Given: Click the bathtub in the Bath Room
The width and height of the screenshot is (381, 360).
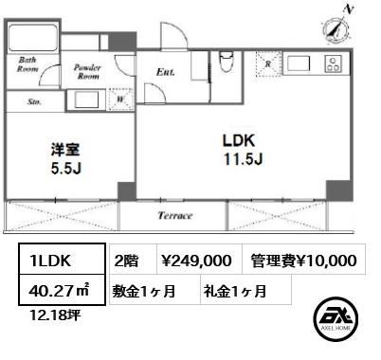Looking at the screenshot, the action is (x=33, y=38).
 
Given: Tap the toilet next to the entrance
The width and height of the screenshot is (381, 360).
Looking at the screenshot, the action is (x=226, y=62).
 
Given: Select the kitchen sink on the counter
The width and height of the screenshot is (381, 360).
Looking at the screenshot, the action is (x=298, y=63).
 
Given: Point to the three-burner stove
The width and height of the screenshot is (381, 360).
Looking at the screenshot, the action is (x=333, y=63).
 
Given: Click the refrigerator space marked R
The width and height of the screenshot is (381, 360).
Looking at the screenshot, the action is (x=268, y=64).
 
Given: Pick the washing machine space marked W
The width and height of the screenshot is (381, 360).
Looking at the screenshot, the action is (x=121, y=99).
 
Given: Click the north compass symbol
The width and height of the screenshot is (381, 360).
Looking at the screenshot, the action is (x=336, y=27).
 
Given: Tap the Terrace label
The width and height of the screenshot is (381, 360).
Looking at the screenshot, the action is (x=175, y=216).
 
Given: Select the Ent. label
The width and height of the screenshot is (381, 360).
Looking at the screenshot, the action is (x=166, y=72).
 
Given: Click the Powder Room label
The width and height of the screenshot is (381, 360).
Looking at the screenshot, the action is (x=87, y=72).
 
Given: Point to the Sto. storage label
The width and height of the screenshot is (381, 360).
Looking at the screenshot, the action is (x=34, y=101).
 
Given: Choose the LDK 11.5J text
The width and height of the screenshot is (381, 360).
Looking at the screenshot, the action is (x=243, y=150).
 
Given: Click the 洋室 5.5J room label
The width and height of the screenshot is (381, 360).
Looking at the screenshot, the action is (x=65, y=159).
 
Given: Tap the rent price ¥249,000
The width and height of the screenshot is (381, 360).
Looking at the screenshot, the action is (x=196, y=261).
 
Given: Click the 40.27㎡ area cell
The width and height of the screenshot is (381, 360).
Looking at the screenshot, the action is (x=62, y=290).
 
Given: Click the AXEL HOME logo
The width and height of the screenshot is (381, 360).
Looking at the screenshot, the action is (x=336, y=318).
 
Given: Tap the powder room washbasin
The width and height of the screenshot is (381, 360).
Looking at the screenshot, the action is (x=86, y=100).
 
